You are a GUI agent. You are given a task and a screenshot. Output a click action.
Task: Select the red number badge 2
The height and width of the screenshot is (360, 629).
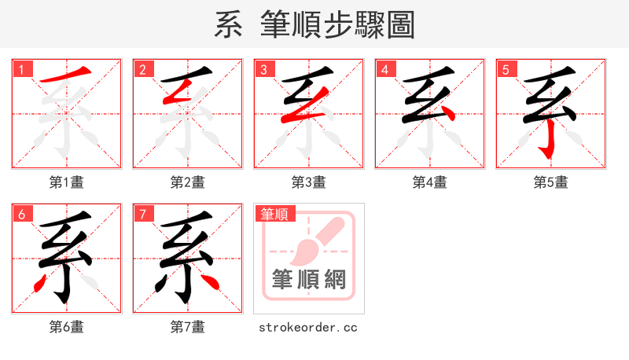point(143,70)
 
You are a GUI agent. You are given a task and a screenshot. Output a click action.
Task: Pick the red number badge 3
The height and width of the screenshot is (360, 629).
point(264,70)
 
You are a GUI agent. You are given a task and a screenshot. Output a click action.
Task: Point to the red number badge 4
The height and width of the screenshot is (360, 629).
point(385,70)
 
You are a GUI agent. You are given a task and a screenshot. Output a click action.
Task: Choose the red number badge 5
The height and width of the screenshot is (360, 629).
point(506,70)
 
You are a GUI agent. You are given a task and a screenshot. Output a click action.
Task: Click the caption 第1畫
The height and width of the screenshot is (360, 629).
point(67,182)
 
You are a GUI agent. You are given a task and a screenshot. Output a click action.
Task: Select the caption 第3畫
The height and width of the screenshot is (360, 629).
point(309,182)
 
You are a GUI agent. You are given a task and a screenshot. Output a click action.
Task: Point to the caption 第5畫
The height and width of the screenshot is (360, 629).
point(550,182)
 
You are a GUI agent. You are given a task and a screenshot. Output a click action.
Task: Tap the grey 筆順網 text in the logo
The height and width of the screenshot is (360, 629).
point(309,280)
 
